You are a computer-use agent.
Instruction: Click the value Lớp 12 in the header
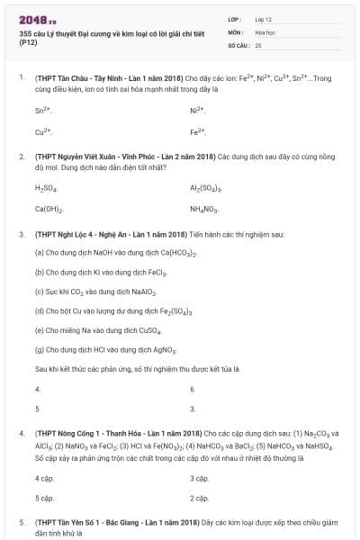pyautogui.click(x=264, y=19)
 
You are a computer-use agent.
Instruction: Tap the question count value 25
pyautogui.click(x=258, y=44)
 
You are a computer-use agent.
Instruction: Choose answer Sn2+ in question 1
pyautogui.click(x=44, y=111)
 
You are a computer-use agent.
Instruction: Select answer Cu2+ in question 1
pyautogui.click(x=44, y=132)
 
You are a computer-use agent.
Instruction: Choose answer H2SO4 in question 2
pyautogui.click(x=46, y=188)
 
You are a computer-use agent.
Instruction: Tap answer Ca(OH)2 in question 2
pyautogui.click(x=49, y=209)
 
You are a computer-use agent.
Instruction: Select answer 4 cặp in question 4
pyautogui.click(x=44, y=478)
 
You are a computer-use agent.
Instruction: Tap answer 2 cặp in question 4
pyautogui.click(x=199, y=498)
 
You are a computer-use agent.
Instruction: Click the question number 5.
pyautogui.click(x=22, y=521)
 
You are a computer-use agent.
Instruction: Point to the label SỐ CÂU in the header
pyautogui.click(x=238, y=44)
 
